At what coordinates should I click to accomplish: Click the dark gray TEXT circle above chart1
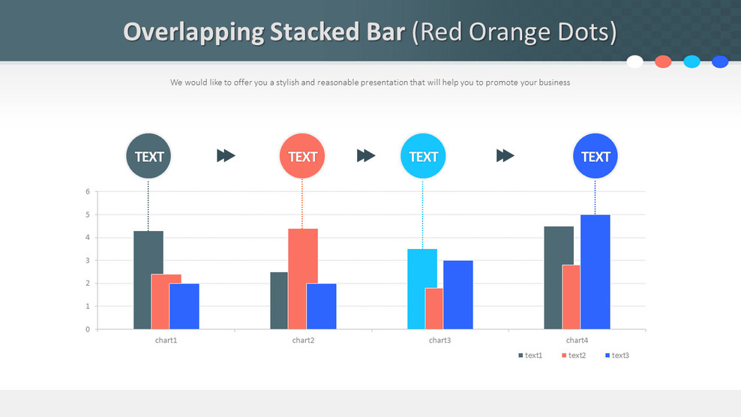tap(148, 157)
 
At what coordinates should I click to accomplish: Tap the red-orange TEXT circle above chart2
tap(302, 157)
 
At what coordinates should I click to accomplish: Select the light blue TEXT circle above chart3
tap(423, 156)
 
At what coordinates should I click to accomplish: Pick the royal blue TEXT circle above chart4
tap(595, 157)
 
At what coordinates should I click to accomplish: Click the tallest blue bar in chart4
tap(595, 271)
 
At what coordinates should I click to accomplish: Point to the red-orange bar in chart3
tap(434, 309)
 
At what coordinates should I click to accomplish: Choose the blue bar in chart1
tap(184, 306)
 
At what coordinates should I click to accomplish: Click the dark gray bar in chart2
tap(279, 300)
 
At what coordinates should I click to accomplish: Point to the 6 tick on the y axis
tap(88, 192)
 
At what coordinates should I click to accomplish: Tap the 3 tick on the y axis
tap(88, 261)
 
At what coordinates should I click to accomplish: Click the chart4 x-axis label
tap(577, 340)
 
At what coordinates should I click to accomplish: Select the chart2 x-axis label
tap(303, 340)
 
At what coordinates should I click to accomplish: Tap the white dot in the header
tap(634, 61)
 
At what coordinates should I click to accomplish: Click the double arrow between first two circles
tap(226, 155)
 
